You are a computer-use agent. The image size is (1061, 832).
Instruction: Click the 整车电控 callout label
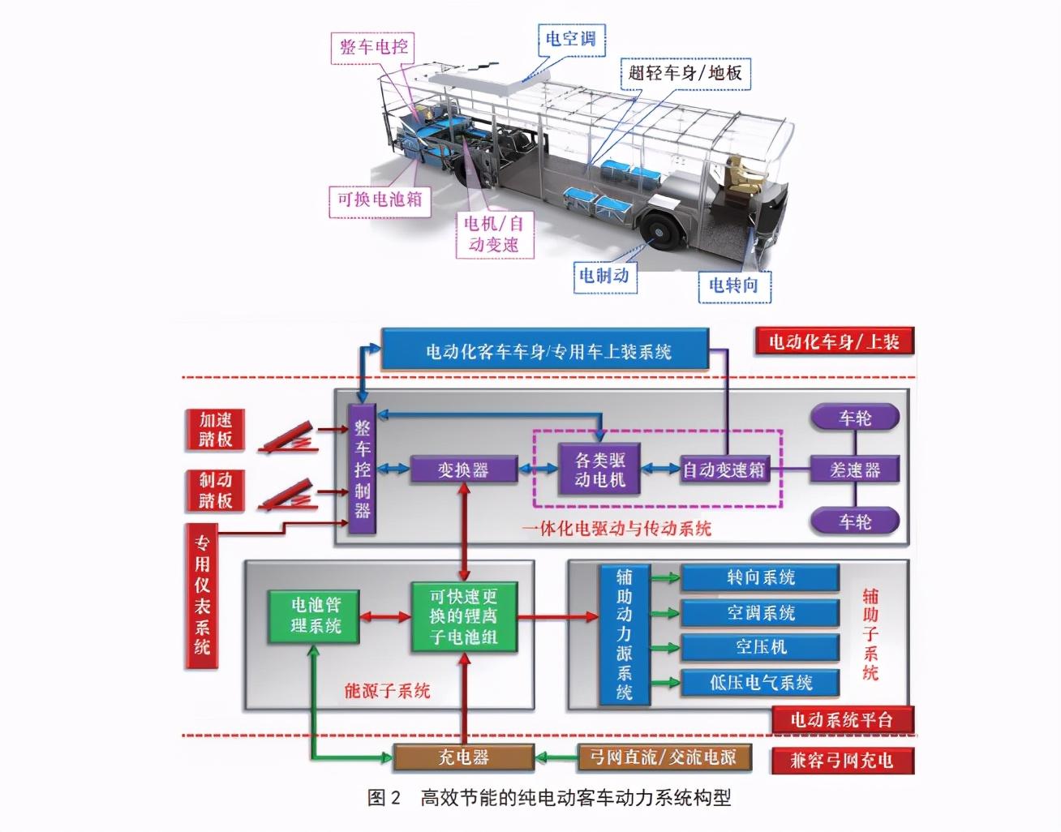tap(373, 47)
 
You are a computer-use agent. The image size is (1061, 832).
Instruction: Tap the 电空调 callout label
tap(571, 38)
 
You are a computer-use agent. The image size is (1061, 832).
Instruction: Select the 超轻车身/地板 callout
tap(685, 73)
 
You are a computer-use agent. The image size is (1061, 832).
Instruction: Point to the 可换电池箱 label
tap(380, 199)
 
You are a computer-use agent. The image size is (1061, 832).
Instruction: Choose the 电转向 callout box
tap(733, 285)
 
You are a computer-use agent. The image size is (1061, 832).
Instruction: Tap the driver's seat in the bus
tap(741, 174)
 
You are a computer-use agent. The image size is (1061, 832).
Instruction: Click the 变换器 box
tap(463, 470)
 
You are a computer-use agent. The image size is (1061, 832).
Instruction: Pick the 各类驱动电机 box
tap(599, 470)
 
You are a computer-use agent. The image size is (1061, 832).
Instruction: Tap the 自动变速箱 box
tap(724, 470)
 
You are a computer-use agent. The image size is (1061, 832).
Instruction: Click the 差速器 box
tap(855, 470)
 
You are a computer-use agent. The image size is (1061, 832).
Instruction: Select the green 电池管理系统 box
tap(315, 615)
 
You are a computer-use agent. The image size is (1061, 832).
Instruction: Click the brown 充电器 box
tap(463, 757)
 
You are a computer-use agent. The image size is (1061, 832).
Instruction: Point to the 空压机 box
tap(760, 647)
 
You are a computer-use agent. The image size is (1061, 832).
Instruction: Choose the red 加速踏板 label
tap(216, 430)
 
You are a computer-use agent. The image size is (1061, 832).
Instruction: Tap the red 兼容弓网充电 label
tap(840, 760)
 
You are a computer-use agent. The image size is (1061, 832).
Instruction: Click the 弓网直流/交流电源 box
tap(664, 757)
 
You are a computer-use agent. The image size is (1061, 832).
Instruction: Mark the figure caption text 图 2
tap(384, 798)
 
